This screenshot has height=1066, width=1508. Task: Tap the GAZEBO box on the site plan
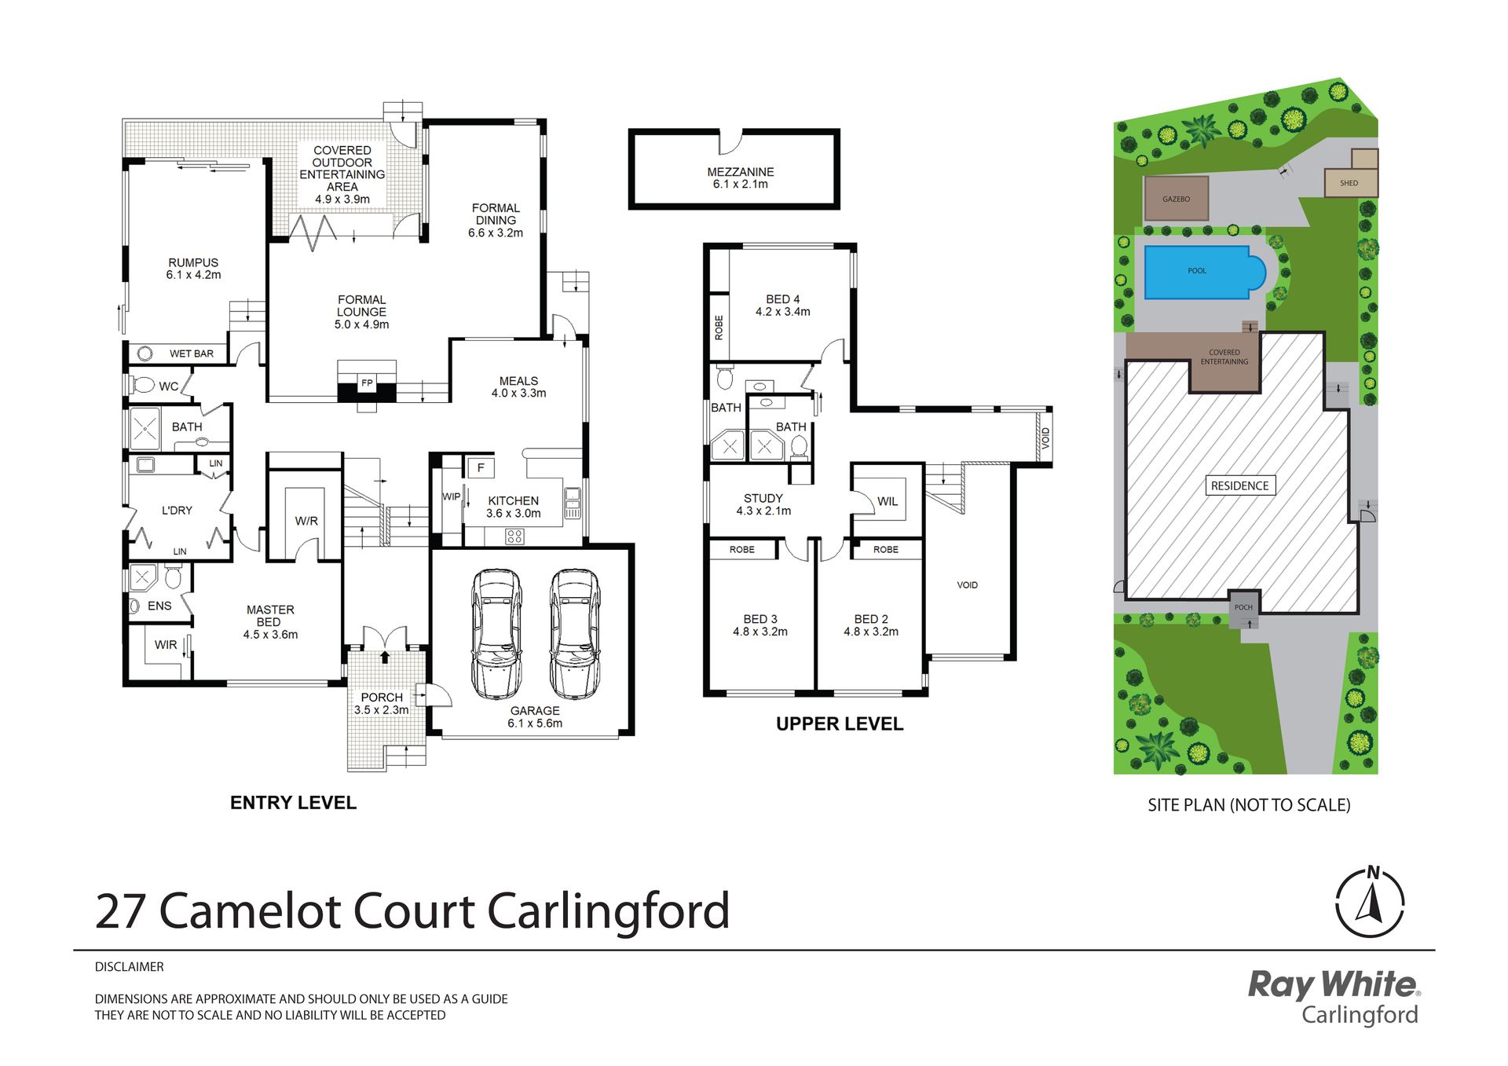pos(1176,199)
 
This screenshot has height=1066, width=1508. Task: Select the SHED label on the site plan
pos(1349,183)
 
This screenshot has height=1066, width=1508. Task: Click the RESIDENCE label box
pos(1240,485)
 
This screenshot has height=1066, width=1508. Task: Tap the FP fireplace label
pos(367,383)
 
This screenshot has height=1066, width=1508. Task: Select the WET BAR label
pos(192,354)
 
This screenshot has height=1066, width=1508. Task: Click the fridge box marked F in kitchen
pos(481,467)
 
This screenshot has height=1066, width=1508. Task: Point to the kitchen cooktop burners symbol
pos(514,537)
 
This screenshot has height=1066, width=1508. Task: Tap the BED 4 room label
pos(783,306)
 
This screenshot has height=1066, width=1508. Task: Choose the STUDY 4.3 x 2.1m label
pos(763,504)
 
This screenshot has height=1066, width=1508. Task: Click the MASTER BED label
pos(270,616)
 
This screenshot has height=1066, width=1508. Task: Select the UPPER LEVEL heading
pos(840,723)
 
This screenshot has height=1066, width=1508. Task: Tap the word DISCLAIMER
pos(130,967)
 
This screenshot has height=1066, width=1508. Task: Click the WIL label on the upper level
pos(888,501)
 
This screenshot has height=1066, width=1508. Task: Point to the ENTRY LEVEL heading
pos(293,803)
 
